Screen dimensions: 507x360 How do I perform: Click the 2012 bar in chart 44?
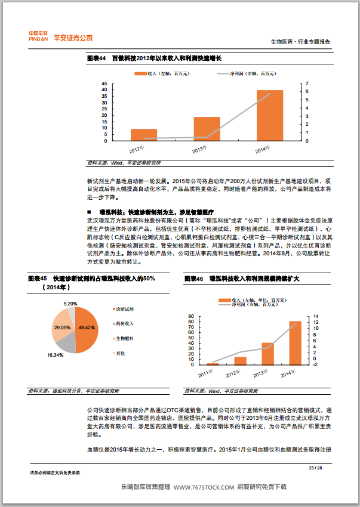pos(144,135)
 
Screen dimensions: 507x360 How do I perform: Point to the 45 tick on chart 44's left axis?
pos(105,84)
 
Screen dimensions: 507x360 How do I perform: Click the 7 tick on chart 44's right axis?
pos(307,84)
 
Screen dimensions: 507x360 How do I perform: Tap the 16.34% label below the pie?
pos(55,355)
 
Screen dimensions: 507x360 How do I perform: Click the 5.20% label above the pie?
pos(70,304)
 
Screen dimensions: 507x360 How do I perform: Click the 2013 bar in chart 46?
pos(267,354)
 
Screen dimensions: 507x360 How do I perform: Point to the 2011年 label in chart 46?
pos(206,373)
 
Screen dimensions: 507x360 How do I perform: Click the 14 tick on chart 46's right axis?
pos(317,316)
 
